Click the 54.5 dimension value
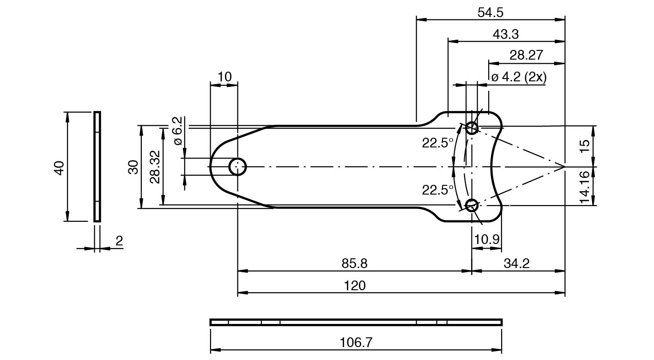(x=490, y=12)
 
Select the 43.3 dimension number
(x=506, y=34)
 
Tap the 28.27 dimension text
(x=526, y=55)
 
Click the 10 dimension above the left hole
(x=224, y=77)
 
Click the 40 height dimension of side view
(x=59, y=168)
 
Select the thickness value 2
(x=119, y=241)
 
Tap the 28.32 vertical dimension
(x=155, y=167)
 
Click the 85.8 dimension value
(x=354, y=263)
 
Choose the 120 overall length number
(x=354, y=286)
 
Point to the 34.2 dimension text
(x=516, y=263)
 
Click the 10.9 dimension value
(x=486, y=239)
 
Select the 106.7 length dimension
(x=356, y=342)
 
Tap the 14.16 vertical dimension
(x=585, y=187)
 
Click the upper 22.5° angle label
(x=437, y=143)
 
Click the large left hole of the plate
(x=238, y=166)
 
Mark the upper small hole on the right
(x=472, y=128)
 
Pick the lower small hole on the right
(x=472, y=205)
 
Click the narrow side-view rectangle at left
(x=97, y=167)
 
